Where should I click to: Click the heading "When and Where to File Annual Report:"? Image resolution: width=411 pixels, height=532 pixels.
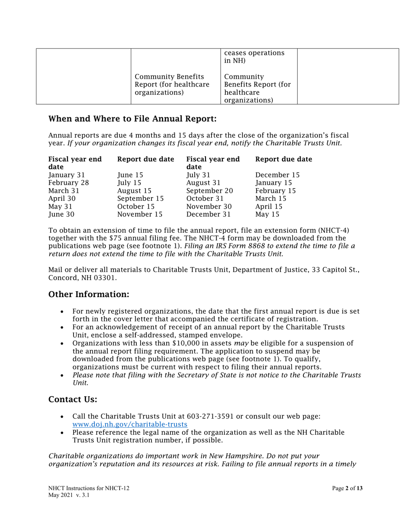click(x=132, y=119)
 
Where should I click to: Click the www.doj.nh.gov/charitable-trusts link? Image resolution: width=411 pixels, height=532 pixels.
click(x=130, y=424)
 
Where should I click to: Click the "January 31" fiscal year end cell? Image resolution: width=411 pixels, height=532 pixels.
click(x=67, y=175)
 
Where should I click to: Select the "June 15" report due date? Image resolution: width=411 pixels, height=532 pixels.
click(x=129, y=175)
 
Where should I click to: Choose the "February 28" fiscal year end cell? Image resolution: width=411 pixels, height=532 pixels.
click(x=69, y=183)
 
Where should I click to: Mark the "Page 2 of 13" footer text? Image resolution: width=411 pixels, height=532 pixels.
click(x=347, y=488)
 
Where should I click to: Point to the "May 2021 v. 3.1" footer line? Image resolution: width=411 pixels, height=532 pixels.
click(x=69, y=496)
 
